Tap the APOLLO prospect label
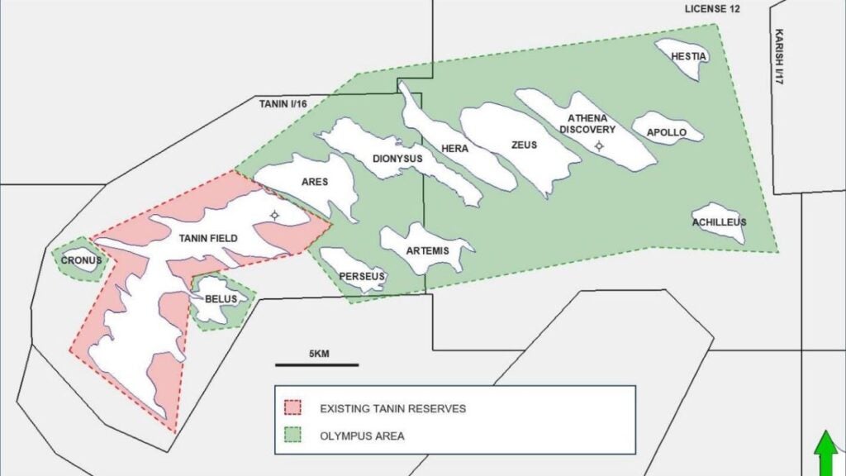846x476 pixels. click(666, 132)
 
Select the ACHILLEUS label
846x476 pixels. click(719, 222)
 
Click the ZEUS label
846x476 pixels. click(524, 145)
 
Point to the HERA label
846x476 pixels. click(454, 149)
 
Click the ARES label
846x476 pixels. click(315, 182)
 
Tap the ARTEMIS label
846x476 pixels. click(427, 250)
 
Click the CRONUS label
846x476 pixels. click(81, 260)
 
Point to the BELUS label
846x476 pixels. click(221, 298)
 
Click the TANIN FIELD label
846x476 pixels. click(208, 239)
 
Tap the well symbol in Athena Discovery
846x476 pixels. click(600, 146)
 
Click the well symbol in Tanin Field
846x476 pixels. click(274, 216)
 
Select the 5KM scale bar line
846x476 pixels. click(316, 364)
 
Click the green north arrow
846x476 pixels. click(825, 454)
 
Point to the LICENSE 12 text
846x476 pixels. click(712, 9)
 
